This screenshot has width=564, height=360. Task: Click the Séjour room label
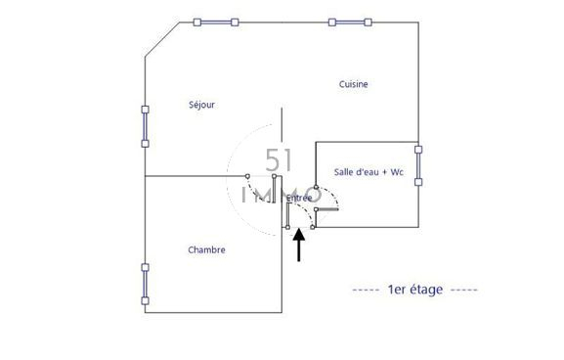pos(201,105)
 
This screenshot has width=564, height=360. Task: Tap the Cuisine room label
pos(353,84)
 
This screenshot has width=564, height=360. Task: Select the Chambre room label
pos(207,249)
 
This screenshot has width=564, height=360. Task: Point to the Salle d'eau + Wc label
pos(369,172)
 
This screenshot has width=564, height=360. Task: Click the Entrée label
pos(299,198)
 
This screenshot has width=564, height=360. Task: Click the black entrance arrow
pos(299,245)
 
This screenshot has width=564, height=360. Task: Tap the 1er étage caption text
pos(415,290)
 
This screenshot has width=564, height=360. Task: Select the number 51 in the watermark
pos(279,160)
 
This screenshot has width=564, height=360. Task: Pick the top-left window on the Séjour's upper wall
pos(216,22)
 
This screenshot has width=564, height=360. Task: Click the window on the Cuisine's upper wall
pos(350,22)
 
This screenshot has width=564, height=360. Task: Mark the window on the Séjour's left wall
pos(145,127)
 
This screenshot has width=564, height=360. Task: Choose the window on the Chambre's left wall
pos(145,284)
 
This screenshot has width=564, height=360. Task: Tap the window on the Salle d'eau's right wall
pos(418,165)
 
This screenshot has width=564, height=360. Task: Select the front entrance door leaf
pos(287,215)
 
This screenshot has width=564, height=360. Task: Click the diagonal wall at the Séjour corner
pos(162,39)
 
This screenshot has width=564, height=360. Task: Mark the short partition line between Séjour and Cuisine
pos(282,124)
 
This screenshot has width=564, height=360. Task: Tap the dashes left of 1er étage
pos(366,290)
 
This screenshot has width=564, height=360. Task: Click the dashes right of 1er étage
pos(464,290)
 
